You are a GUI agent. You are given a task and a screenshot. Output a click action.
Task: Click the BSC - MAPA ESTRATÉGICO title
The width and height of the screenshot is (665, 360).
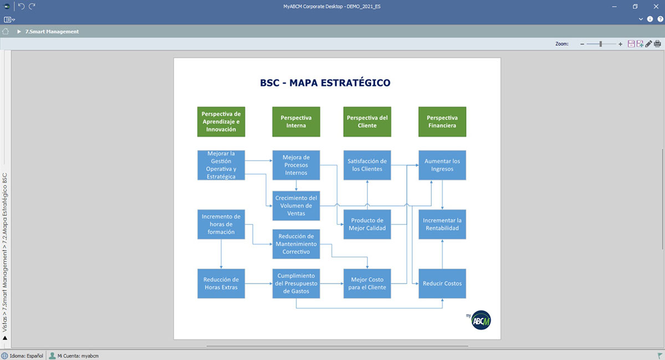pos(325,83)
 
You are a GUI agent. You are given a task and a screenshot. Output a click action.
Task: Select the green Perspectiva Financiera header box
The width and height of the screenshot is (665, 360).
pos(442,122)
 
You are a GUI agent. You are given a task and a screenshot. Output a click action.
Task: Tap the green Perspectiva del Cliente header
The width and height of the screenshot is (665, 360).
pos(367,122)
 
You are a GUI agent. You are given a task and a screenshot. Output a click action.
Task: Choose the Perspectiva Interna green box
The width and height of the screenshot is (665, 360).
pos(296,122)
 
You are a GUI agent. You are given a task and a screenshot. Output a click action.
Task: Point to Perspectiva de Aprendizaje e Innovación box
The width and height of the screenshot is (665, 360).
pos(221,122)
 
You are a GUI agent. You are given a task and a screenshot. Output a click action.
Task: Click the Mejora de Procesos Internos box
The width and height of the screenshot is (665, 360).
pos(296,165)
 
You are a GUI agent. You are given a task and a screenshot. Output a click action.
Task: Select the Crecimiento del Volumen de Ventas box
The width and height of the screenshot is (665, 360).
pos(296,205)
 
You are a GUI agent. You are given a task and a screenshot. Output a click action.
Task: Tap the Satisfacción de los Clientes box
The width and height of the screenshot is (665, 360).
pos(367,165)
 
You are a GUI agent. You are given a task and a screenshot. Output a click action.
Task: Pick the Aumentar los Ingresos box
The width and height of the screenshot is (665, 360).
pos(442,165)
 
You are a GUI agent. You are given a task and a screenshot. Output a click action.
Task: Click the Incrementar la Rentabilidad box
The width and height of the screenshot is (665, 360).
pos(442,224)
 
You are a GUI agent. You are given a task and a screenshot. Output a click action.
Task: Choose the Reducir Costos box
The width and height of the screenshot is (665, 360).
pos(442,284)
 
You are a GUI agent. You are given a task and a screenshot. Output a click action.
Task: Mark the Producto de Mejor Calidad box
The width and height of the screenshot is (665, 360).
pos(367,224)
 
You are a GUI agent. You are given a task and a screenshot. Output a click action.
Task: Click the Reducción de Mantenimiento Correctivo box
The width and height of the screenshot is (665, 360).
pos(296,244)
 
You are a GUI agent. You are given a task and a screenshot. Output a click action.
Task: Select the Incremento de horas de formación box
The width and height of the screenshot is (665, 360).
pos(221,224)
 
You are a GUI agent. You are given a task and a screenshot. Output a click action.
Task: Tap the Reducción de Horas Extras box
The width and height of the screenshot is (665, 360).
pos(221,284)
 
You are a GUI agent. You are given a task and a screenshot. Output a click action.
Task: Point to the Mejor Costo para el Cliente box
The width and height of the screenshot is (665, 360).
pos(367,284)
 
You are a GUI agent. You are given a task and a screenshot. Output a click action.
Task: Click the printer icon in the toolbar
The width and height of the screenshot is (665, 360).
pos(657,44)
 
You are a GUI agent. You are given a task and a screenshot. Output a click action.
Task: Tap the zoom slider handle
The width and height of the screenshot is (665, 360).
pos(601,44)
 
